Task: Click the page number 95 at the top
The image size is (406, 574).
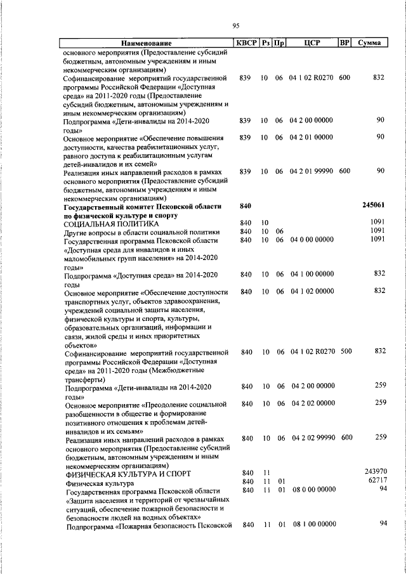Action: [x=235, y=25]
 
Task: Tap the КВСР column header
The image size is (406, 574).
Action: [x=246, y=43]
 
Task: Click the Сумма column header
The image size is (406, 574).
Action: [x=369, y=43]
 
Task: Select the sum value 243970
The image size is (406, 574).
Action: [x=375, y=471]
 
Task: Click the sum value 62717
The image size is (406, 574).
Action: [x=376, y=480]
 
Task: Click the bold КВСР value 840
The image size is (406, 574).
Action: [x=247, y=205]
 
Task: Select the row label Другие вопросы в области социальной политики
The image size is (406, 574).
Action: [x=141, y=232]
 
